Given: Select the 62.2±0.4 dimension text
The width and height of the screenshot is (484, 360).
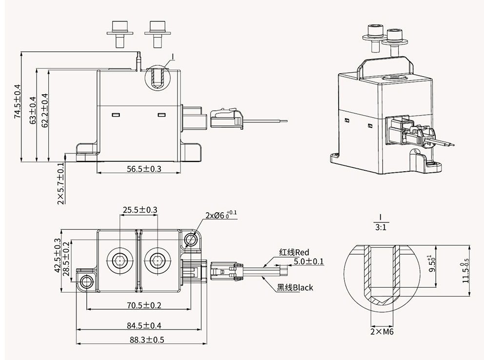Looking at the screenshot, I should (44, 111).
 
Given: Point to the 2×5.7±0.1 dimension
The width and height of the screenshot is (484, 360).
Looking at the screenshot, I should (61, 183).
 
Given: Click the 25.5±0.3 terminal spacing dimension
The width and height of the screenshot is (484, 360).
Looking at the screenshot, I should (140, 210).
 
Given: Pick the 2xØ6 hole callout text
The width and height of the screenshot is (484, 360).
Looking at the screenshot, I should (221, 215).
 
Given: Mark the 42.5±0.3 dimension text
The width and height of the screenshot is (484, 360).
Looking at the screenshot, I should (58, 255).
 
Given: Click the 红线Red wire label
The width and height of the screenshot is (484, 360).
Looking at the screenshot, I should (294, 252).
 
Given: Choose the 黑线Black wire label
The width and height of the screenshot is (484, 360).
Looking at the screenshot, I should (295, 287).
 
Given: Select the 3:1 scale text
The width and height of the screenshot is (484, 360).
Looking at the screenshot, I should (380, 227).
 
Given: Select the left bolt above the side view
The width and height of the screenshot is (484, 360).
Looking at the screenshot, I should (118, 33).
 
